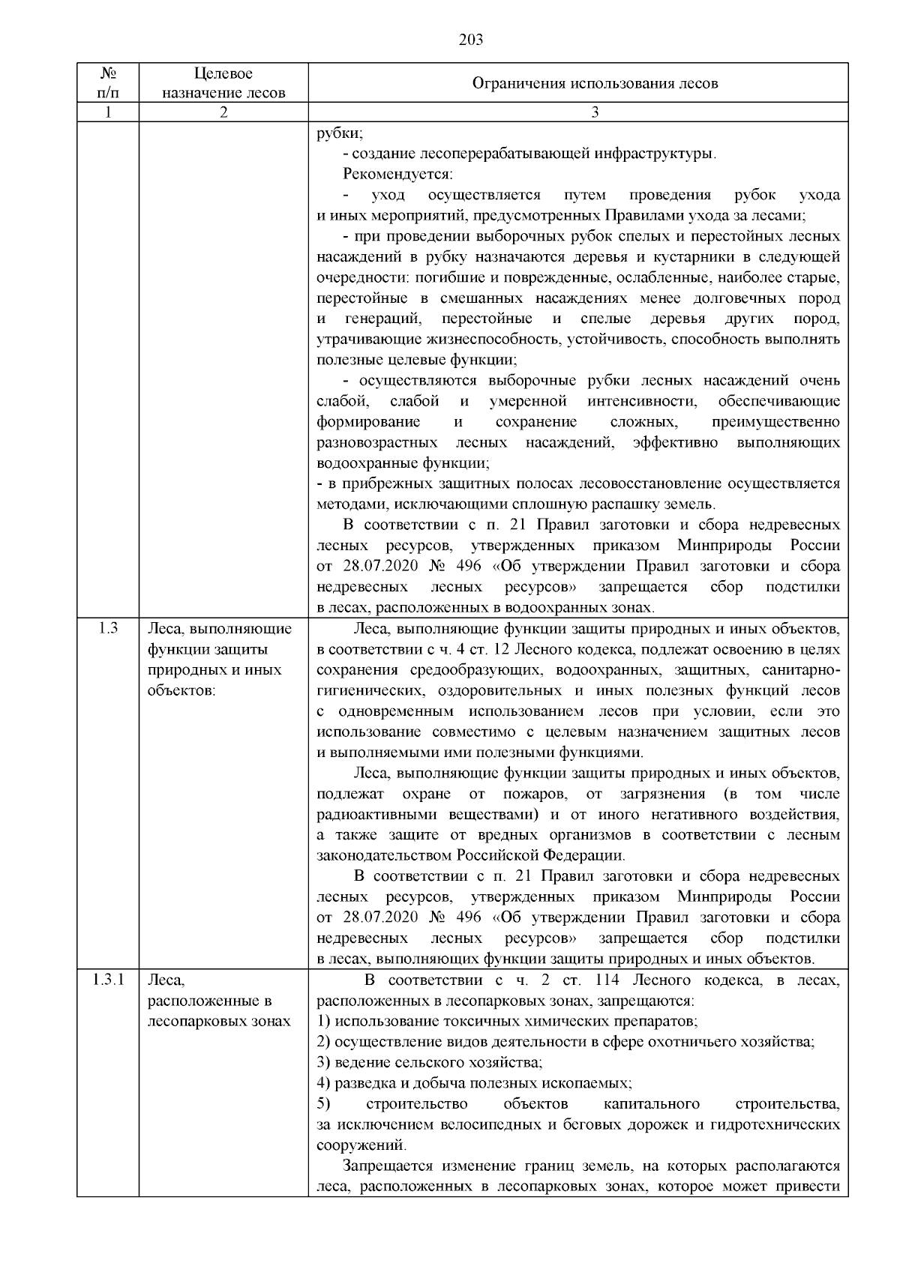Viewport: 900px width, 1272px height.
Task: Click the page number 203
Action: (470, 40)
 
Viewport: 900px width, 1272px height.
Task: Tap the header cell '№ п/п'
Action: (108, 82)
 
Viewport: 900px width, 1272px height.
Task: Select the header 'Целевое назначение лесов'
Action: (223, 82)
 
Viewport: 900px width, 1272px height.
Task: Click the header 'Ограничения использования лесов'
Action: (594, 83)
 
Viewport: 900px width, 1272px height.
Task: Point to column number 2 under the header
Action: (223, 112)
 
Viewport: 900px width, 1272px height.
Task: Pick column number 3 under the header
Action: (594, 112)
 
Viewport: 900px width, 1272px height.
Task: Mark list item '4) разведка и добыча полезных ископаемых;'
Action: (474, 1083)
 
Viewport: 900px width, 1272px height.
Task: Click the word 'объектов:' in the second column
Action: (181, 690)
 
